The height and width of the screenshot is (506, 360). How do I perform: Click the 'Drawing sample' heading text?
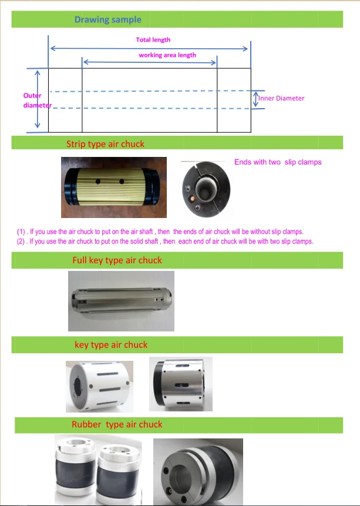tap(107, 19)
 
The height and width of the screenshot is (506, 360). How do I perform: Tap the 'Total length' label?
tap(153, 40)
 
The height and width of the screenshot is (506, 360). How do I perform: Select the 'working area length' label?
tap(167, 55)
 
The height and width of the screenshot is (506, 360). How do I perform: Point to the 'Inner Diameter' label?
tap(281, 98)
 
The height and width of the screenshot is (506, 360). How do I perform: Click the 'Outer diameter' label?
tap(37, 100)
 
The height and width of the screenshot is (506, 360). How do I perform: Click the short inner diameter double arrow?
tap(255, 99)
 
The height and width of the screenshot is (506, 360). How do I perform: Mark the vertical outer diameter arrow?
tap(38, 99)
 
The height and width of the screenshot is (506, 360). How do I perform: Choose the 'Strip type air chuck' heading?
tap(105, 144)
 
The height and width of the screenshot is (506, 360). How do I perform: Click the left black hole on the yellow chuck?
tap(97, 182)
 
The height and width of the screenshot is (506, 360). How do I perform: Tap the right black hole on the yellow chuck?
tap(122, 182)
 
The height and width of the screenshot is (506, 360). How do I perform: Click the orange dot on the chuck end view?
tap(192, 199)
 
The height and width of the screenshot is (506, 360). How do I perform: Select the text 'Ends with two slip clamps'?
tap(278, 162)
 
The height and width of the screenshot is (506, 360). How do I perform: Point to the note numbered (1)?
tap(160, 232)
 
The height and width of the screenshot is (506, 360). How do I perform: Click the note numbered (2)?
tap(165, 242)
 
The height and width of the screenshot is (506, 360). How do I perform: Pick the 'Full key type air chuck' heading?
tap(117, 260)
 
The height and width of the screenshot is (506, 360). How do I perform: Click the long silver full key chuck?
tap(122, 301)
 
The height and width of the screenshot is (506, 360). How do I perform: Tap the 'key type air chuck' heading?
tap(111, 345)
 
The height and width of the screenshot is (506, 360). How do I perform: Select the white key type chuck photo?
tap(99, 387)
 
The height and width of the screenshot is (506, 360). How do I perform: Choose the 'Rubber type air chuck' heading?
tap(117, 424)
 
